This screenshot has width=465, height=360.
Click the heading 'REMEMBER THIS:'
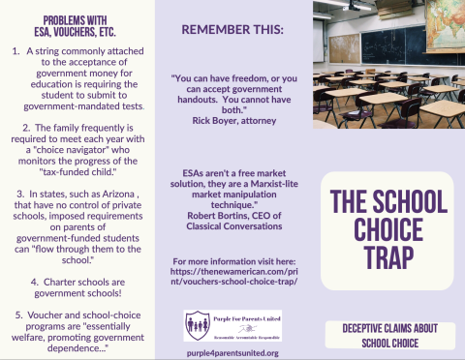(232, 29)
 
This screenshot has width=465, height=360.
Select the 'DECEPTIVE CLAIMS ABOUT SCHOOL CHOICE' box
(387, 335)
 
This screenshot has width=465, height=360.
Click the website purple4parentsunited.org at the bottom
(232, 352)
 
